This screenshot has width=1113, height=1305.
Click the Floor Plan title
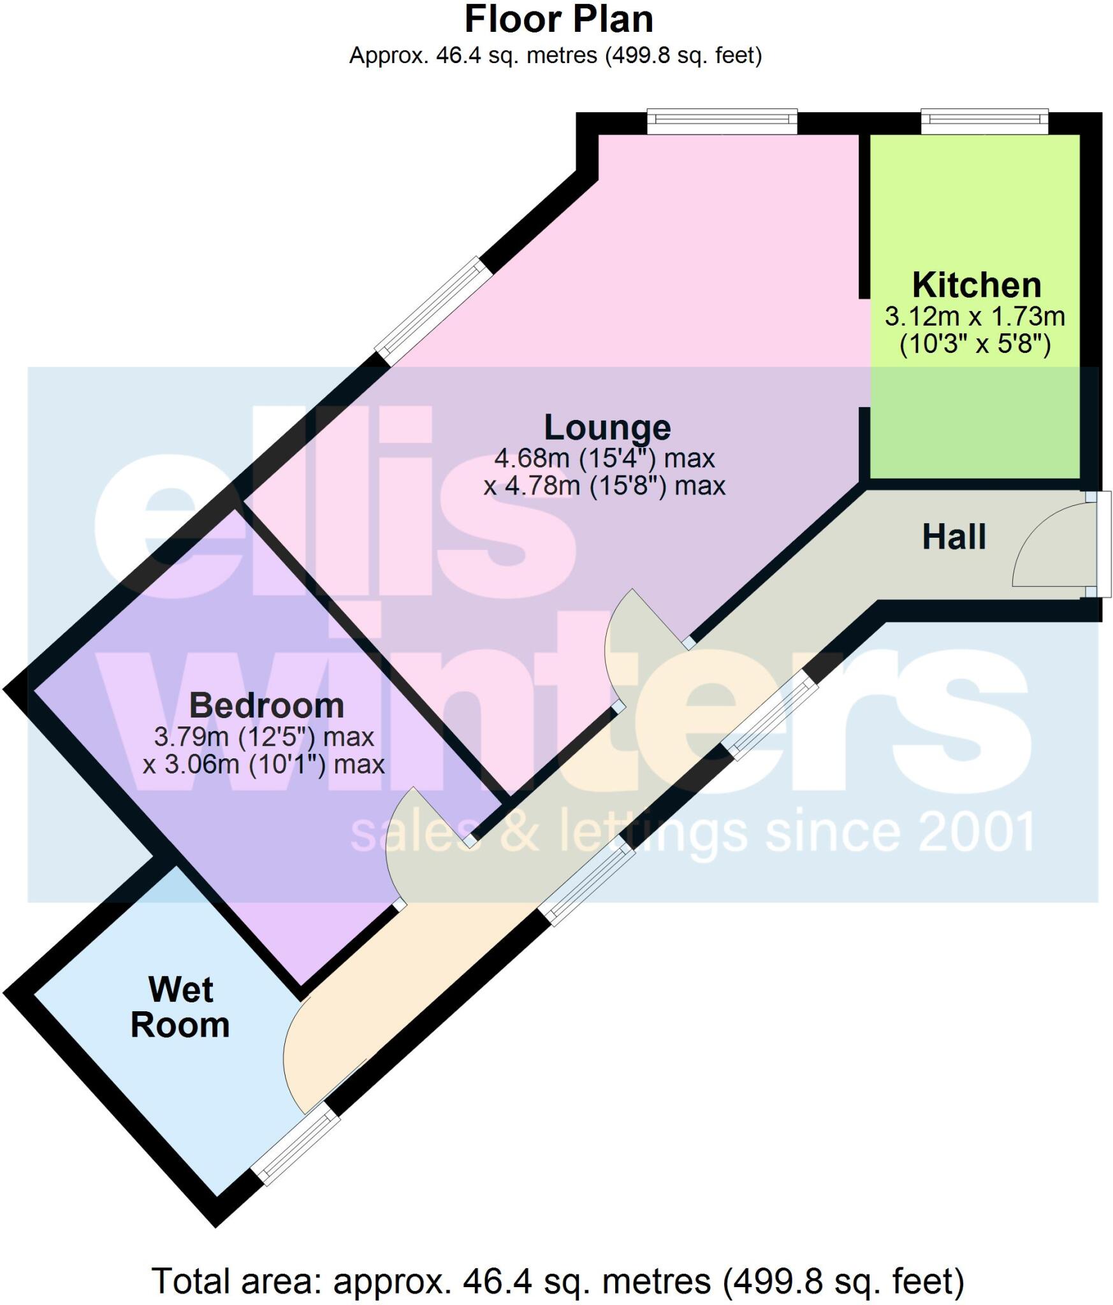(x=558, y=20)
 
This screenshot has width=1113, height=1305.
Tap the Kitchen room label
(x=977, y=285)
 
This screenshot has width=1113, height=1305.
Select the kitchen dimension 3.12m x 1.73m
(x=975, y=316)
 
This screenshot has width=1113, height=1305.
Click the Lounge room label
(x=607, y=428)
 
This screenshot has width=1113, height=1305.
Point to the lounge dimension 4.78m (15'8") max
(x=604, y=486)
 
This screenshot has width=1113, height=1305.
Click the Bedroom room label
(x=266, y=705)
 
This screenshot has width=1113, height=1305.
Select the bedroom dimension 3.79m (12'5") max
(x=264, y=737)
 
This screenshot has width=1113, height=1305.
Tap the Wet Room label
(x=180, y=1007)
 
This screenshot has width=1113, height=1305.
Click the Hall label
(x=954, y=537)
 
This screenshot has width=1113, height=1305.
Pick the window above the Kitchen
(x=984, y=121)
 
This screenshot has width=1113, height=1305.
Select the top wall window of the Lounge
(x=722, y=121)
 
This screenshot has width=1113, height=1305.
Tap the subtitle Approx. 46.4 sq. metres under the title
(x=555, y=56)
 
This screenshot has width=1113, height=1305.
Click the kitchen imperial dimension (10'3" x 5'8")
(x=975, y=345)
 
